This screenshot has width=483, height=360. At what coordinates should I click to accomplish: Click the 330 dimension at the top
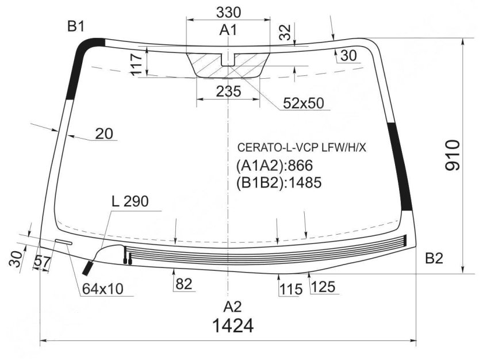pos(228,13)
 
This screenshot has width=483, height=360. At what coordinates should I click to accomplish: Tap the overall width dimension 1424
pos(233,325)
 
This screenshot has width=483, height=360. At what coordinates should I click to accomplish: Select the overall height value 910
pos(453,155)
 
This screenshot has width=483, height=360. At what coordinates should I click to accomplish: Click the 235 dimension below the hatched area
pos(228,91)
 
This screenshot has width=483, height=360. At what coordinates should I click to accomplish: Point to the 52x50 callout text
pos(304,103)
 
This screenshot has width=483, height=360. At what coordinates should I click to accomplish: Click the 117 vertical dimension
pos(136,64)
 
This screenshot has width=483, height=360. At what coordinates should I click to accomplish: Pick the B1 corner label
pos(76,27)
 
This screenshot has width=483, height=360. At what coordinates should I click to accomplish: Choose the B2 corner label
pos(434,259)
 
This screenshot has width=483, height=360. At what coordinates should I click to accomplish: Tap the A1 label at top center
pos(228,30)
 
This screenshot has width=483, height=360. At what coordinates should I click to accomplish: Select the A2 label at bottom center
pos(232,307)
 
